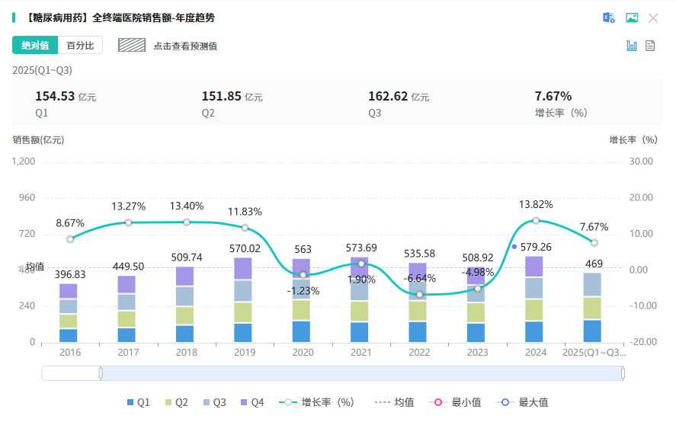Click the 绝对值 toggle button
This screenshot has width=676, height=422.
point(35,46)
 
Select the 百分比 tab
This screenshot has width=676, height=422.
point(80,46)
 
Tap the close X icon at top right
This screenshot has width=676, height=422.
point(653,18)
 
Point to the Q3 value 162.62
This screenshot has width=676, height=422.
point(388,96)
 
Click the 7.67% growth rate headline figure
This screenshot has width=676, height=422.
point(553,96)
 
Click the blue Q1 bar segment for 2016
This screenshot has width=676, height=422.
point(69,335)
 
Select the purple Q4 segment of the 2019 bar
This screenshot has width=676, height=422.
point(243,269)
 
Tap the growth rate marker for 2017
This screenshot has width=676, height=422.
point(128,222)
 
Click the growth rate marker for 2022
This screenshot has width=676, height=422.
point(419,294)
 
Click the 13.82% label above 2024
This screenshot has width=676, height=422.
point(536,205)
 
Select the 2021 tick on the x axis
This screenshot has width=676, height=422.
point(361,353)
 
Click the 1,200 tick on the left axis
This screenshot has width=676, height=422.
point(24,161)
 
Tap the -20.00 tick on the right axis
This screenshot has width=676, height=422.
point(642,342)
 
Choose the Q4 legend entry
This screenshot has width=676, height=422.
point(252,402)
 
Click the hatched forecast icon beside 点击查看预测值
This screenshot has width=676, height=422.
point(132,46)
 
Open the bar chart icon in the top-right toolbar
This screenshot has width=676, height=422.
point(632,46)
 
